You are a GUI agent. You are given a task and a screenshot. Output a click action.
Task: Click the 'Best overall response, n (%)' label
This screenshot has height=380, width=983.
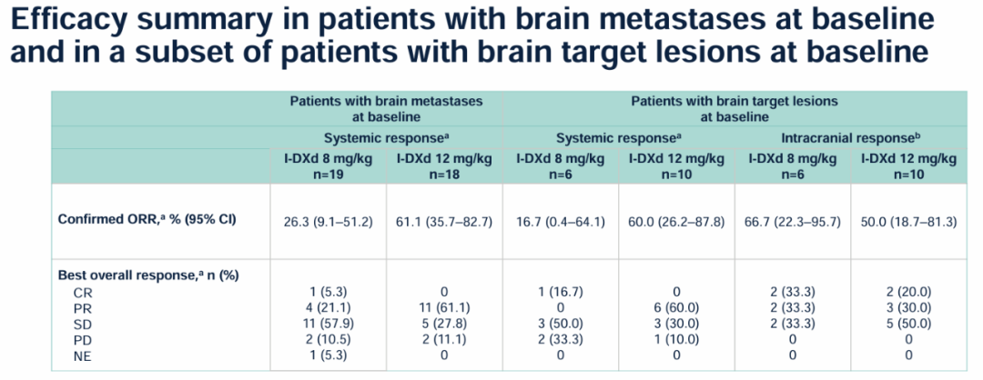[x=148, y=275]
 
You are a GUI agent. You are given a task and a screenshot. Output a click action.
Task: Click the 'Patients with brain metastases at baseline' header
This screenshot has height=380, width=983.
[x=386, y=108]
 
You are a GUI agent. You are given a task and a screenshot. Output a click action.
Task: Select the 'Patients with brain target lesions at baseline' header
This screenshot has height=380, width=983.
[x=734, y=108]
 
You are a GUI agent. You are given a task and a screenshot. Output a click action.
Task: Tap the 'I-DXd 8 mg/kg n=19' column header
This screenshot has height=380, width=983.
[x=328, y=165]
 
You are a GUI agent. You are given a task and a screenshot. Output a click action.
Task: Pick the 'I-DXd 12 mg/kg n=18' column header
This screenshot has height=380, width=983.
[x=444, y=165]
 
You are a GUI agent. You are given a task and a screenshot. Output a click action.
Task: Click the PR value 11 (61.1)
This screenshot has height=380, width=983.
[x=444, y=307]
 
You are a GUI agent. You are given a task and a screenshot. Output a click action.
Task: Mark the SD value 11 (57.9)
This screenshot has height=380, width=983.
[x=328, y=323]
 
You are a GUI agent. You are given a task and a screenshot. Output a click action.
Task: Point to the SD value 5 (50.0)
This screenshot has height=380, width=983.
[x=907, y=323]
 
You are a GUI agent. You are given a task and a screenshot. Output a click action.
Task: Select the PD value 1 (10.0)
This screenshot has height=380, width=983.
[x=676, y=338]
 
